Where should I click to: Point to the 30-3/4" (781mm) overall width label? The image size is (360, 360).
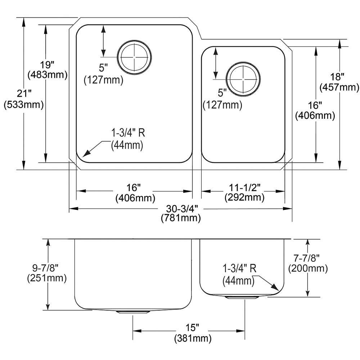(x=181, y=213)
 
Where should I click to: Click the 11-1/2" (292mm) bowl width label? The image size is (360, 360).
(x=244, y=192)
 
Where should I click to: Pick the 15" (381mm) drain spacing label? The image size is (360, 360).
(x=192, y=333)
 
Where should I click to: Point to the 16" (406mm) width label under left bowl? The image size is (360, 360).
(x=135, y=193)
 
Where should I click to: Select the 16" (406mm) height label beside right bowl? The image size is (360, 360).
(x=315, y=111)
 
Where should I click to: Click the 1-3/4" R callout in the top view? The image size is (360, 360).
(x=128, y=139)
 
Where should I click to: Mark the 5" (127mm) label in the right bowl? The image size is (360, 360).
(x=222, y=100)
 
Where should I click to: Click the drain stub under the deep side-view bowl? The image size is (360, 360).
(x=134, y=312)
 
